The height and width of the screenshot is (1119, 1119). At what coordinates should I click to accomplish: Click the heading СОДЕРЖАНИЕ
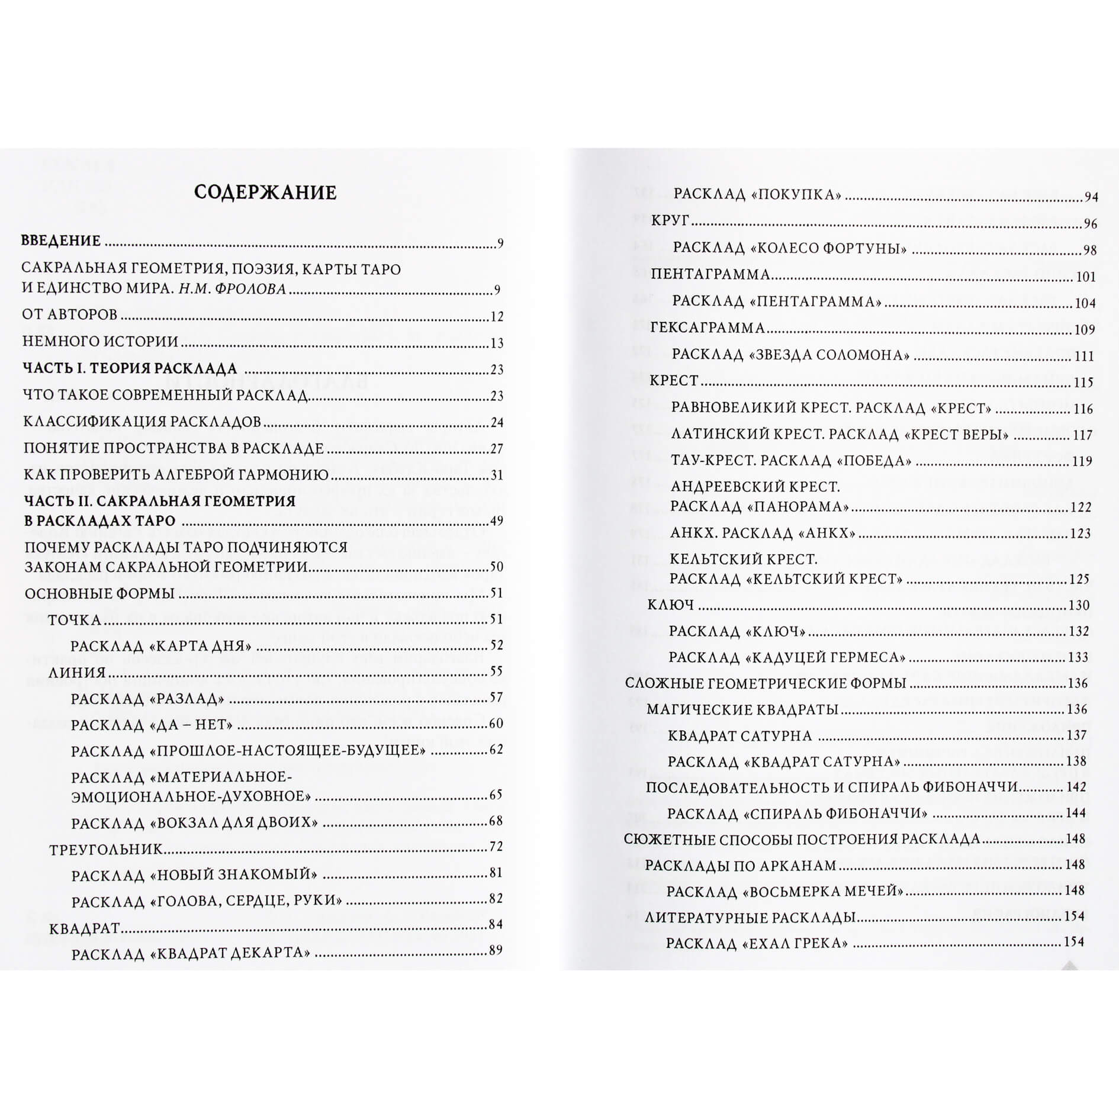[x=265, y=192]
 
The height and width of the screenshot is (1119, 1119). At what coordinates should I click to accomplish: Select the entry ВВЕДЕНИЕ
[x=61, y=241]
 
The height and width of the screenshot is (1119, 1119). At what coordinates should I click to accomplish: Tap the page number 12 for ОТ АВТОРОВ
[x=497, y=316]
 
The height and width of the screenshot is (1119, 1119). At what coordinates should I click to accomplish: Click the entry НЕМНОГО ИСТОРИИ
[x=100, y=342]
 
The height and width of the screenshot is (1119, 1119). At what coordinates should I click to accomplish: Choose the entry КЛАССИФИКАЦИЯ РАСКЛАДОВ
[x=142, y=422]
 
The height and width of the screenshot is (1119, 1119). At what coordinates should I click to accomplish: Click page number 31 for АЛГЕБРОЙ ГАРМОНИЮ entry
[x=497, y=475]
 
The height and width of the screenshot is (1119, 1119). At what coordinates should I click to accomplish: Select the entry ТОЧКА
[x=75, y=620]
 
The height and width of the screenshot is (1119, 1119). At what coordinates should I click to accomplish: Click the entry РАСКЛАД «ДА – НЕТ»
[x=152, y=725]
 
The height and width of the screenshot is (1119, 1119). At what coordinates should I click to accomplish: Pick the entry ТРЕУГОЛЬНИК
[x=105, y=850]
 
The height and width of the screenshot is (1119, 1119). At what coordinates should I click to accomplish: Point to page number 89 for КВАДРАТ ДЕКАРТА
[x=496, y=950]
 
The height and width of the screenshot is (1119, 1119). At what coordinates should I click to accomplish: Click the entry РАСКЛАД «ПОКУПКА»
[x=757, y=194]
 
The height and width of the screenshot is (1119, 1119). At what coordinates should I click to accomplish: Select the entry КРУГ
[x=670, y=221]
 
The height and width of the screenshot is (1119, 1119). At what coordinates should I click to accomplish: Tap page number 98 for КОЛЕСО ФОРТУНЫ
[x=1090, y=250]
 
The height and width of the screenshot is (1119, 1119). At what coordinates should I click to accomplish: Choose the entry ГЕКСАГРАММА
[x=708, y=327]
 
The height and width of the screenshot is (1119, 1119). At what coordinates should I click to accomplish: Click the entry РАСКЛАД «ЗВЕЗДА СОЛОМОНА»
[x=790, y=355]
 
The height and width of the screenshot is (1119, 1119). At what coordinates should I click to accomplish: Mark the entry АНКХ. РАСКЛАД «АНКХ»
[x=763, y=533]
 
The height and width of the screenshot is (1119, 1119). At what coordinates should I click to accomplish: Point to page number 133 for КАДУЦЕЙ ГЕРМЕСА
[x=1078, y=657]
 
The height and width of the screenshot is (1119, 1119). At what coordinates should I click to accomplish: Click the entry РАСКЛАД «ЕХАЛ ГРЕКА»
[x=756, y=943]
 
